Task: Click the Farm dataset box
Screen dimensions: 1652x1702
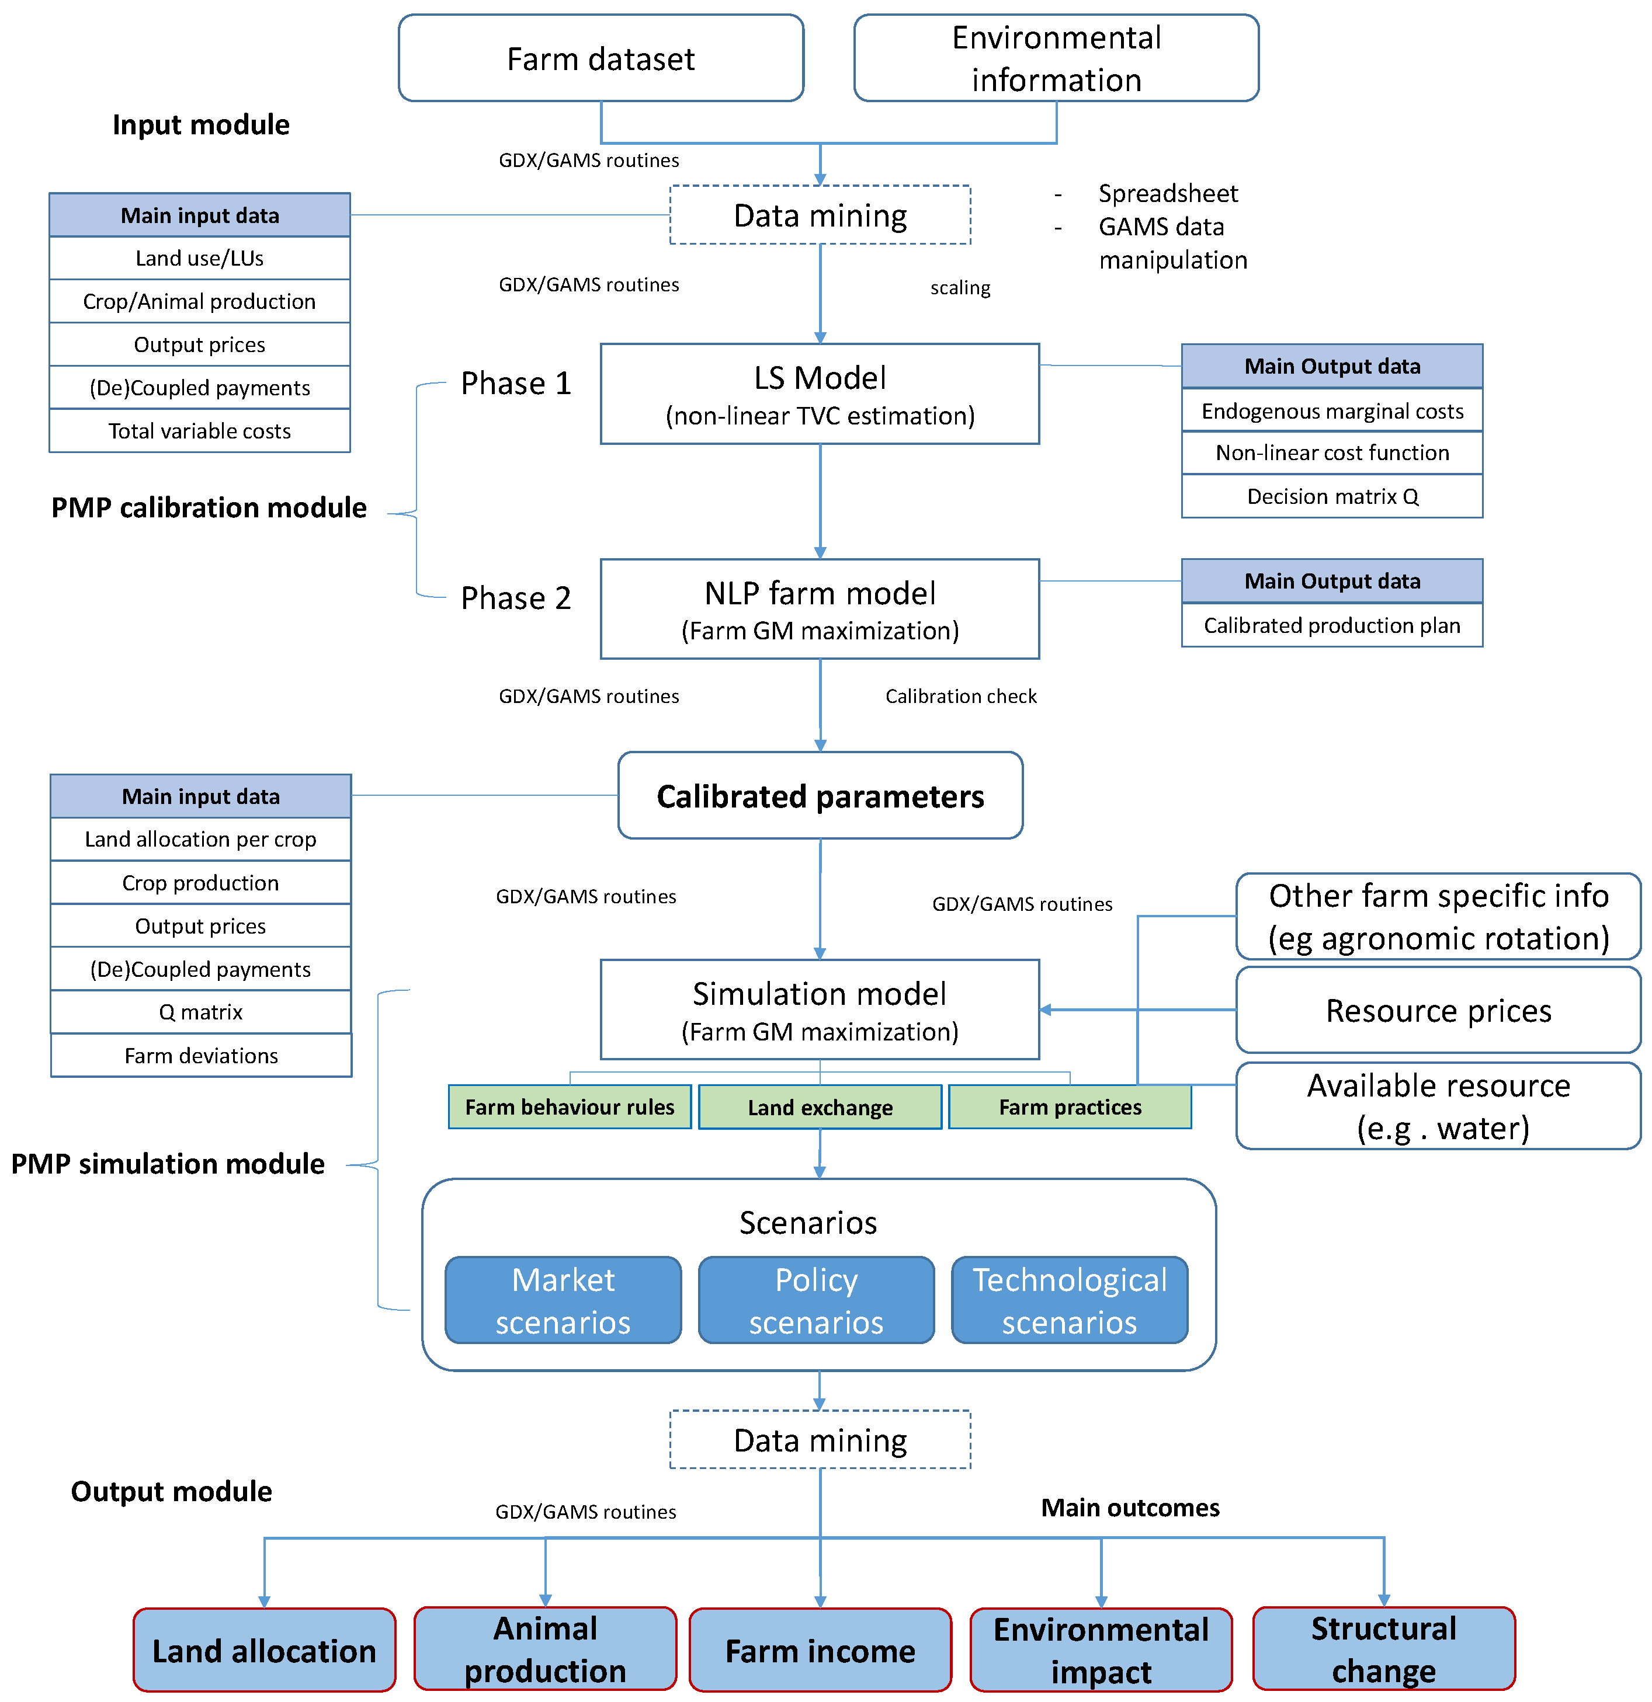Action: coord(601,58)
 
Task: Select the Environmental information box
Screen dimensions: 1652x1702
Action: coord(1056,58)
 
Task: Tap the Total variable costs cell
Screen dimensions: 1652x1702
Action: coord(200,431)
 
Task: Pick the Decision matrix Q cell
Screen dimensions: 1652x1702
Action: coord(1332,497)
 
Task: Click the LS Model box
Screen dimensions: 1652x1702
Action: coord(820,394)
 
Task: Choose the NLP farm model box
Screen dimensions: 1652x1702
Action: coord(820,610)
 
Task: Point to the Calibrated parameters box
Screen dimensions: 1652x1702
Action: coord(820,795)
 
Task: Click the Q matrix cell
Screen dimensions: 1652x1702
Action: coord(200,1012)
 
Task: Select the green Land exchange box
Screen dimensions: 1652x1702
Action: coord(820,1107)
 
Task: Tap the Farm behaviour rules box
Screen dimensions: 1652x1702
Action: coord(570,1107)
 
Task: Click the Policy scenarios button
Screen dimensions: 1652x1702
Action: coord(817,1300)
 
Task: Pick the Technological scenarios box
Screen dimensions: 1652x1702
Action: coord(1070,1300)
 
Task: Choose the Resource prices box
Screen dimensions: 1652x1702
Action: coord(1438,1011)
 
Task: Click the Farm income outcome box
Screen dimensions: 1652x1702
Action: coord(820,1650)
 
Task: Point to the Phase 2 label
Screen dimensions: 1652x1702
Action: coord(516,598)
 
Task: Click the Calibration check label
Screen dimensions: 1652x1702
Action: coord(960,697)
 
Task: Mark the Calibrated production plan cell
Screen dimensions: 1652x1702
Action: coord(1332,625)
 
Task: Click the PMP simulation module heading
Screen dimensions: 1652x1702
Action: coord(168,1164)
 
